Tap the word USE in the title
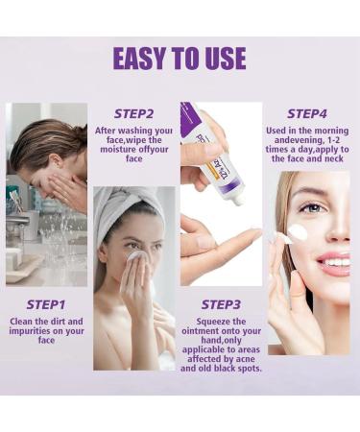(226, 59)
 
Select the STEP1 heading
(46, 304)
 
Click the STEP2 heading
(134, 113)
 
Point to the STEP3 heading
(221, 304)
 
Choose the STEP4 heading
(307, 113)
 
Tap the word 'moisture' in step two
(118, 150)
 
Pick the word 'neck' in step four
(334, 158)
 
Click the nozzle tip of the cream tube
(239, 201)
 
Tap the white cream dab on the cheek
(298, 232)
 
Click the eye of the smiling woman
(314, 208)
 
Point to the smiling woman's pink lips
(334, 263)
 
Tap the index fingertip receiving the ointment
(254, 232)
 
